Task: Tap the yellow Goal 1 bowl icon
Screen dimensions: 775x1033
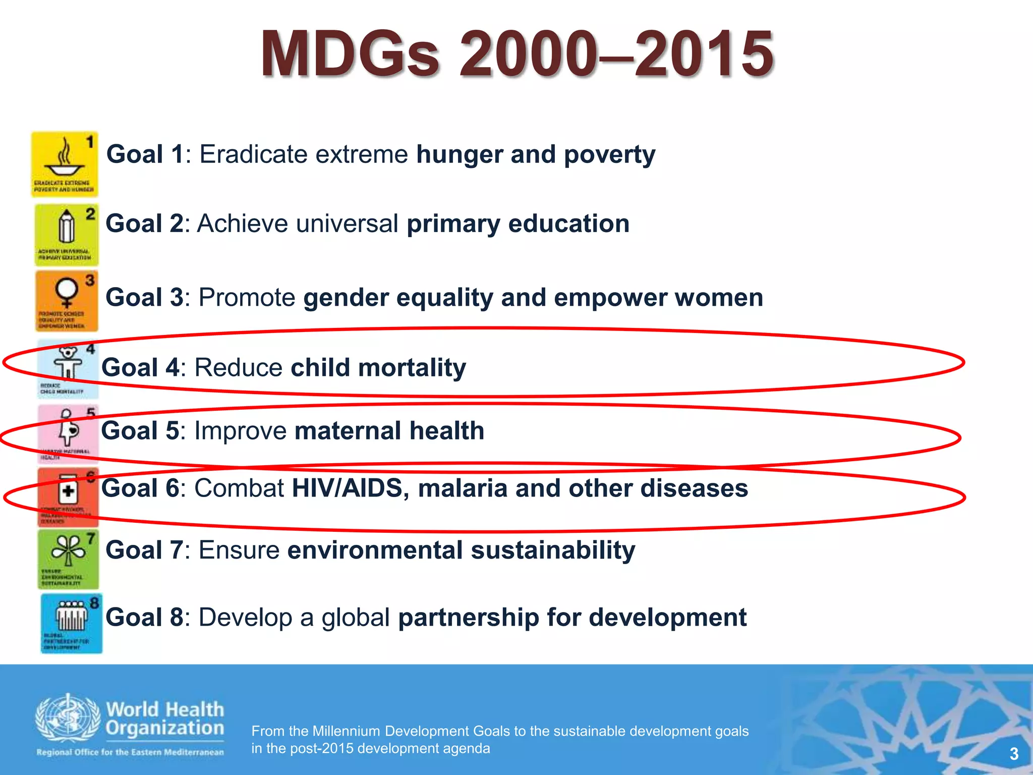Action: click(65, 164)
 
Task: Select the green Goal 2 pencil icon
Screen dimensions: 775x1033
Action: click(67, 235)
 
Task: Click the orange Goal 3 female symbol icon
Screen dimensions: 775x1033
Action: click(67, 301)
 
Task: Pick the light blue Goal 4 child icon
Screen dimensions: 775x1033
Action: click(69, 368)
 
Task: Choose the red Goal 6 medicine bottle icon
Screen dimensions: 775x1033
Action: click(68, 497)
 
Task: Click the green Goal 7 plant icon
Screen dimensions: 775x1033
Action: click(69, 559)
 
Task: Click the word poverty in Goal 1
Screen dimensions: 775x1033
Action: click(609, 154)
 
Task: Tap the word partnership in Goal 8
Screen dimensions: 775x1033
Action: click(468, 618)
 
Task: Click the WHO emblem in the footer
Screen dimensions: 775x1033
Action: click(68, 718)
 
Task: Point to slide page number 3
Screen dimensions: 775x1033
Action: click(1014, 754)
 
